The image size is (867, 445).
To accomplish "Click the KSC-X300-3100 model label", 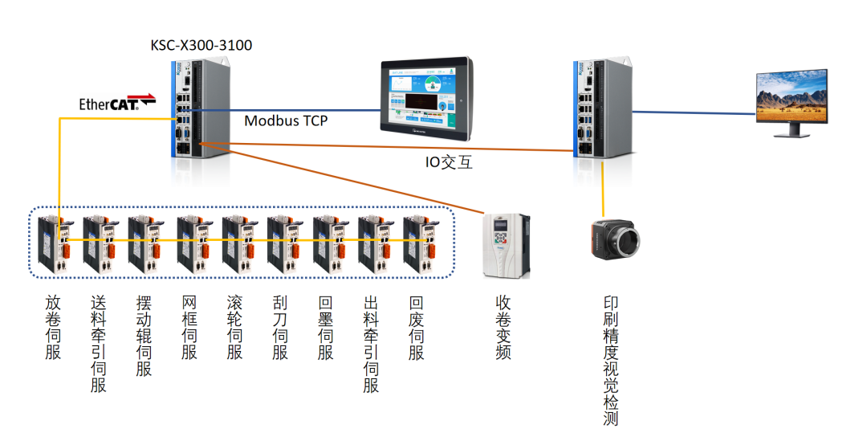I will click(x=201, y=45).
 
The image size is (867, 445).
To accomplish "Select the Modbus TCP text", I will click(x=286, y=120).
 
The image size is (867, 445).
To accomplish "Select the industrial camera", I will click(x=617, y=239).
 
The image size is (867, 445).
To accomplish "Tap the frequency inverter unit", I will click(x=506, y=245).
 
